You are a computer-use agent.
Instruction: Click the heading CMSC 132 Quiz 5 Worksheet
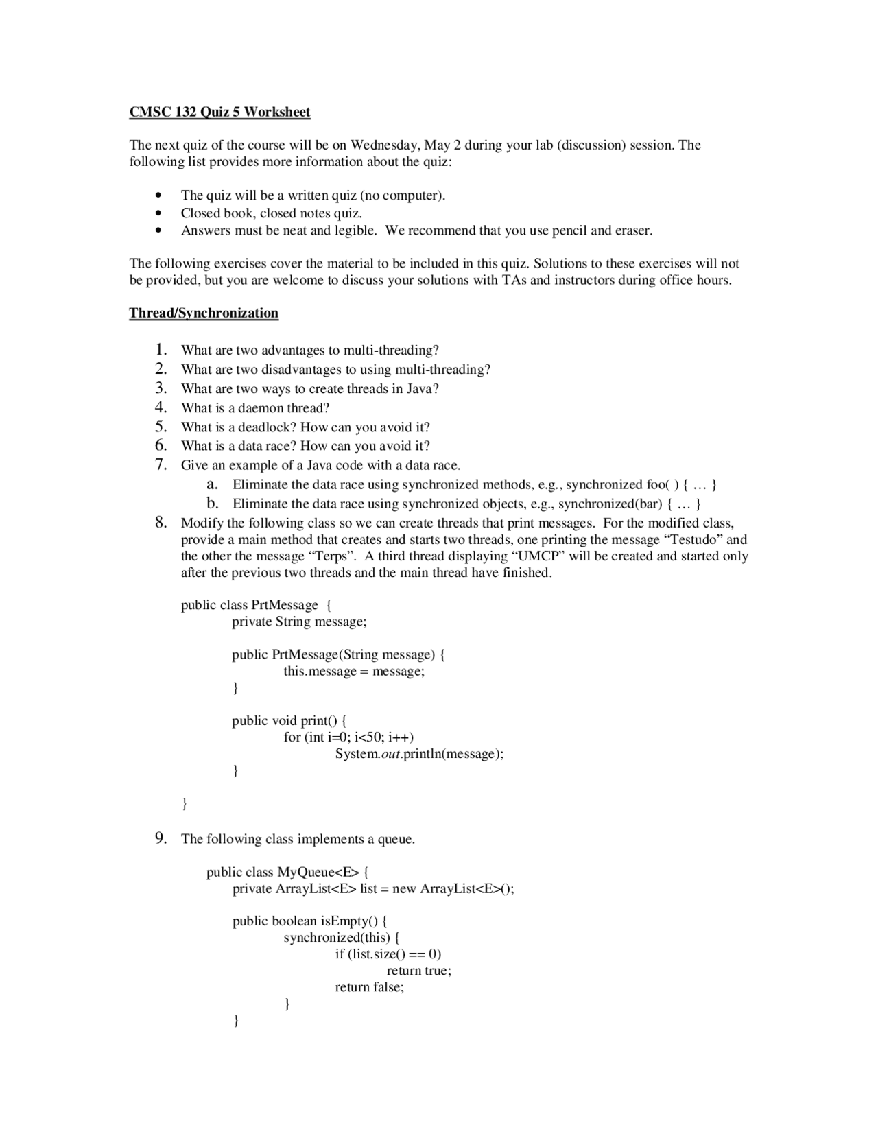click(x=219, y=112)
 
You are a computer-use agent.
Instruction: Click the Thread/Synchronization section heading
click(x=204, y=313)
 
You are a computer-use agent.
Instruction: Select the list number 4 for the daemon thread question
click(x=161, y=407)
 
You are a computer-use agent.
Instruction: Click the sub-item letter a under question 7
click(x=212, y=485)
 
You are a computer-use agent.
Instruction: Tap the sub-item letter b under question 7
click(x=212, y=504)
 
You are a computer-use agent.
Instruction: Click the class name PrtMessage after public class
click(x=285, y=605)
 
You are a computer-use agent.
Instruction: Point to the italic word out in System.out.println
click(x=390, y=754)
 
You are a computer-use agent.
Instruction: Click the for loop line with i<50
click(x=348, y=737)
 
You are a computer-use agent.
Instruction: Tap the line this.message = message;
click(x=354, y=672)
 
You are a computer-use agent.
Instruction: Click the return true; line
click(x=418, y=971)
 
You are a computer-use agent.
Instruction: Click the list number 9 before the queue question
click(x=161, y=838)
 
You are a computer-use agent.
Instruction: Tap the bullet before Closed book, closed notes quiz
click(x=159, y=213)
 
